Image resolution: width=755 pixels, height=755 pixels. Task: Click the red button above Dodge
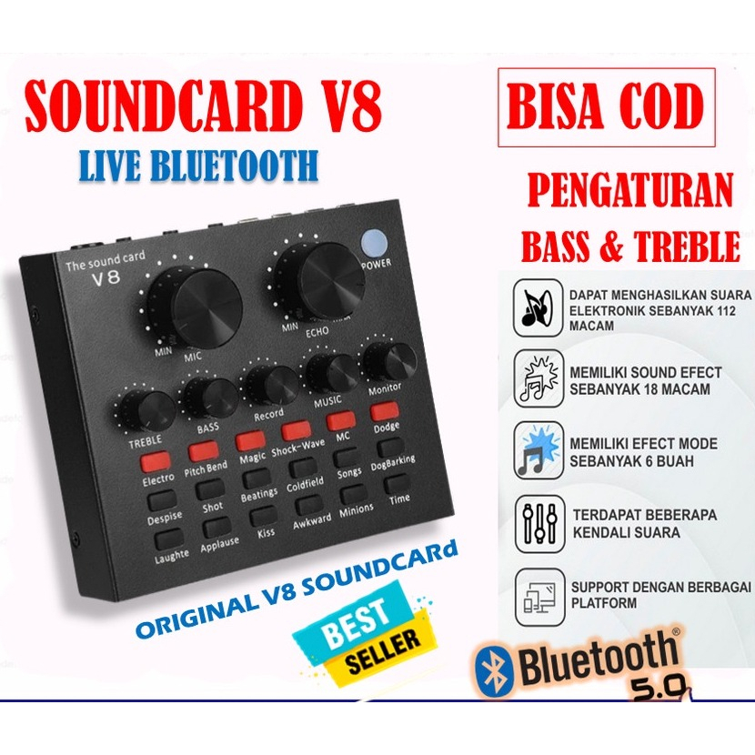[385, 411]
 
